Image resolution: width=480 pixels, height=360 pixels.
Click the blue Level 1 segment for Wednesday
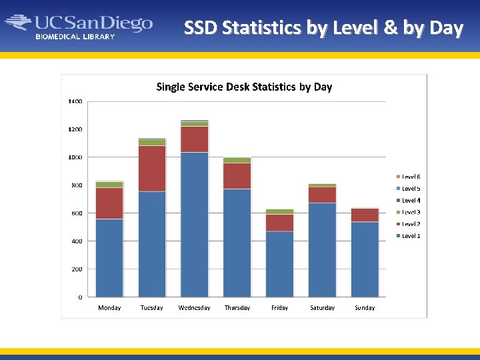(195, 225)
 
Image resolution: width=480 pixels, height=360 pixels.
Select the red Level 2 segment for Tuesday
(152, 169)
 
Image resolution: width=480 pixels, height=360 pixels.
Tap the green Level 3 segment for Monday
(109, 184)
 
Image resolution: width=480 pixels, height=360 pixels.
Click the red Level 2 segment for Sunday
(365, 215)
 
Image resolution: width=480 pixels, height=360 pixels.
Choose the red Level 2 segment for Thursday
(237, 176)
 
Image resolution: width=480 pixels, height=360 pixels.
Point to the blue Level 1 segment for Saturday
(323, 250)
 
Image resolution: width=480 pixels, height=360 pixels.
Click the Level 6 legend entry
(410, 177)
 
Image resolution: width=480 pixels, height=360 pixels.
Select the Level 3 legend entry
(410, 212)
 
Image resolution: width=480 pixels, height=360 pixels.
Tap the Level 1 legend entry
(410, 236)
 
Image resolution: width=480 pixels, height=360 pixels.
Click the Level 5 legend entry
(410, 189)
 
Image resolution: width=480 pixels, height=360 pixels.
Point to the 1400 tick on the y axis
(75, 101)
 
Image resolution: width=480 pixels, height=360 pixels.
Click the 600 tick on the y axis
(77, 213)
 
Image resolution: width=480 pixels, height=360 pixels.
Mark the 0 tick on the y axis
(80, 297)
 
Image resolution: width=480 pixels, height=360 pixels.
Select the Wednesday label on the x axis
(194, 308)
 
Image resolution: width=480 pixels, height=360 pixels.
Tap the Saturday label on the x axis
(323, 308)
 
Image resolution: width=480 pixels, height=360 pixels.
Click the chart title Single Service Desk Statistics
(244, 87)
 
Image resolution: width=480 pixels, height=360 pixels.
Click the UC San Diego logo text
(93, 23)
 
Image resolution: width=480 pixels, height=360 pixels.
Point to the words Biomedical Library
(75, 37)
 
